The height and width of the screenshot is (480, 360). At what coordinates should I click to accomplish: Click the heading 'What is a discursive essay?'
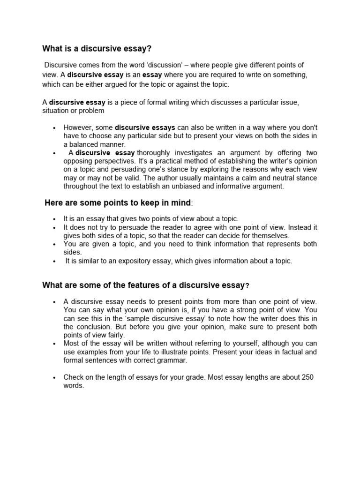pyautogui.click(x=97, y=48)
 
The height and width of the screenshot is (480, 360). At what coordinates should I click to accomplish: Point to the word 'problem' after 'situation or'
pyautogui.click(x=91, y=111)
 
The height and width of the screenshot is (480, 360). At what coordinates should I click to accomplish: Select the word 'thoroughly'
pyautogui.click(x=154, y=152)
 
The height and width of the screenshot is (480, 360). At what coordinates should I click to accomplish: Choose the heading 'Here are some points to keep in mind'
pyautogui.click(x=118, y=202)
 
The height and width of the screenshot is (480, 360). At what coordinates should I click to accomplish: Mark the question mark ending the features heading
pyautogui.click(x=247, y=286)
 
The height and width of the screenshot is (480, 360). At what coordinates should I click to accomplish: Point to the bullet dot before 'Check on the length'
pyautogui.click(x=55, y=378)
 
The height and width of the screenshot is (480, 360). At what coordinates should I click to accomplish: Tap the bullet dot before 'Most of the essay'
pyautogui.click(x=55, y=344)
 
